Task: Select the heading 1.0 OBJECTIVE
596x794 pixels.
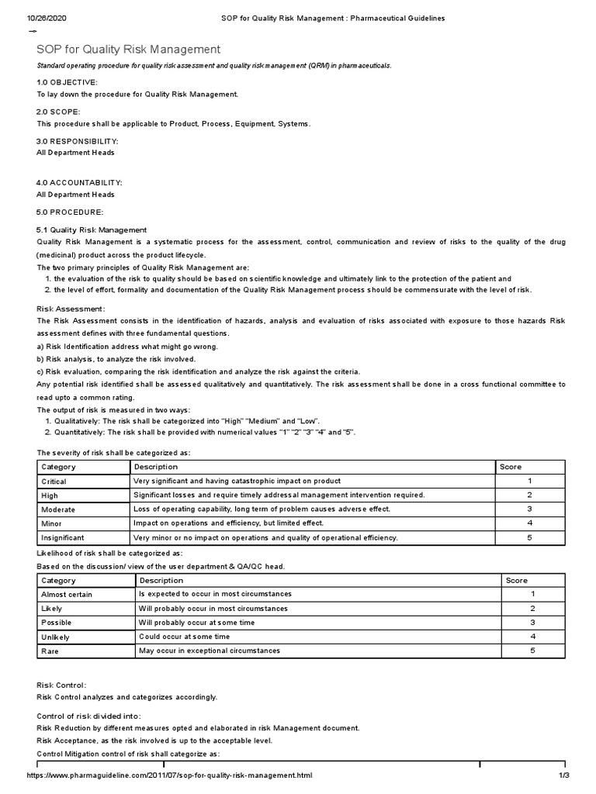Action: click(67, 82)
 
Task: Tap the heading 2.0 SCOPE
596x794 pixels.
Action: click(58, 112)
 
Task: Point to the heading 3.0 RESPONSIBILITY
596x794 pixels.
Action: click(78, 141)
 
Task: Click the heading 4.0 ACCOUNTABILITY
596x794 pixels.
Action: click(79, 182)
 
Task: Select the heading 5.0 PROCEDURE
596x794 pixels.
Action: click(70, 212)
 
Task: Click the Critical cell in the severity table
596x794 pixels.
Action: click(54, 482)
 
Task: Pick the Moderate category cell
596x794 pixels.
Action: click(58, 509)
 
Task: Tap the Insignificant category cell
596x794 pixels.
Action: click(62, 537)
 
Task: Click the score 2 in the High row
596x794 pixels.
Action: click(529, 495)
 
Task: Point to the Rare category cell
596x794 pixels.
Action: click(50, 651)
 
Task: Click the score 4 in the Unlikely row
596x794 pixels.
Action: click(532, 637)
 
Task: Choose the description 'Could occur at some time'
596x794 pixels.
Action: click(184, 637)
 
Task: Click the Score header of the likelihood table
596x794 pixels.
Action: click(516, 580)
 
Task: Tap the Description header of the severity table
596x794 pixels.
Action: click(156, 467)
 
